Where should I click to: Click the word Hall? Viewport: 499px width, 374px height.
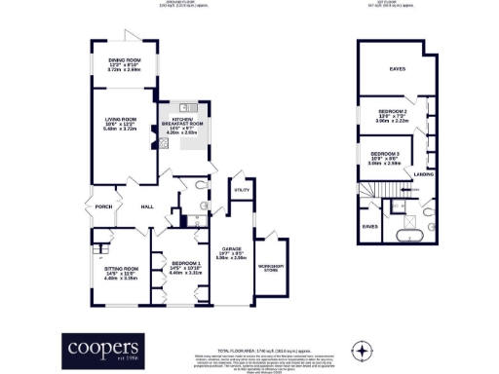point(146,206)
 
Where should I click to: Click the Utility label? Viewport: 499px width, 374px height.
point(243,190)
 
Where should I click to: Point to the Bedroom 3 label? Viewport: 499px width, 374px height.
point(385,154)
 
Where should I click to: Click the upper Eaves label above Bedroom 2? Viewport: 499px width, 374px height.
point(398,69)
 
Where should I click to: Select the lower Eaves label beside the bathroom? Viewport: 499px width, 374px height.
point(369,226)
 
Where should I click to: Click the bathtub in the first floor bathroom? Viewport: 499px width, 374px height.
point(407,236)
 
